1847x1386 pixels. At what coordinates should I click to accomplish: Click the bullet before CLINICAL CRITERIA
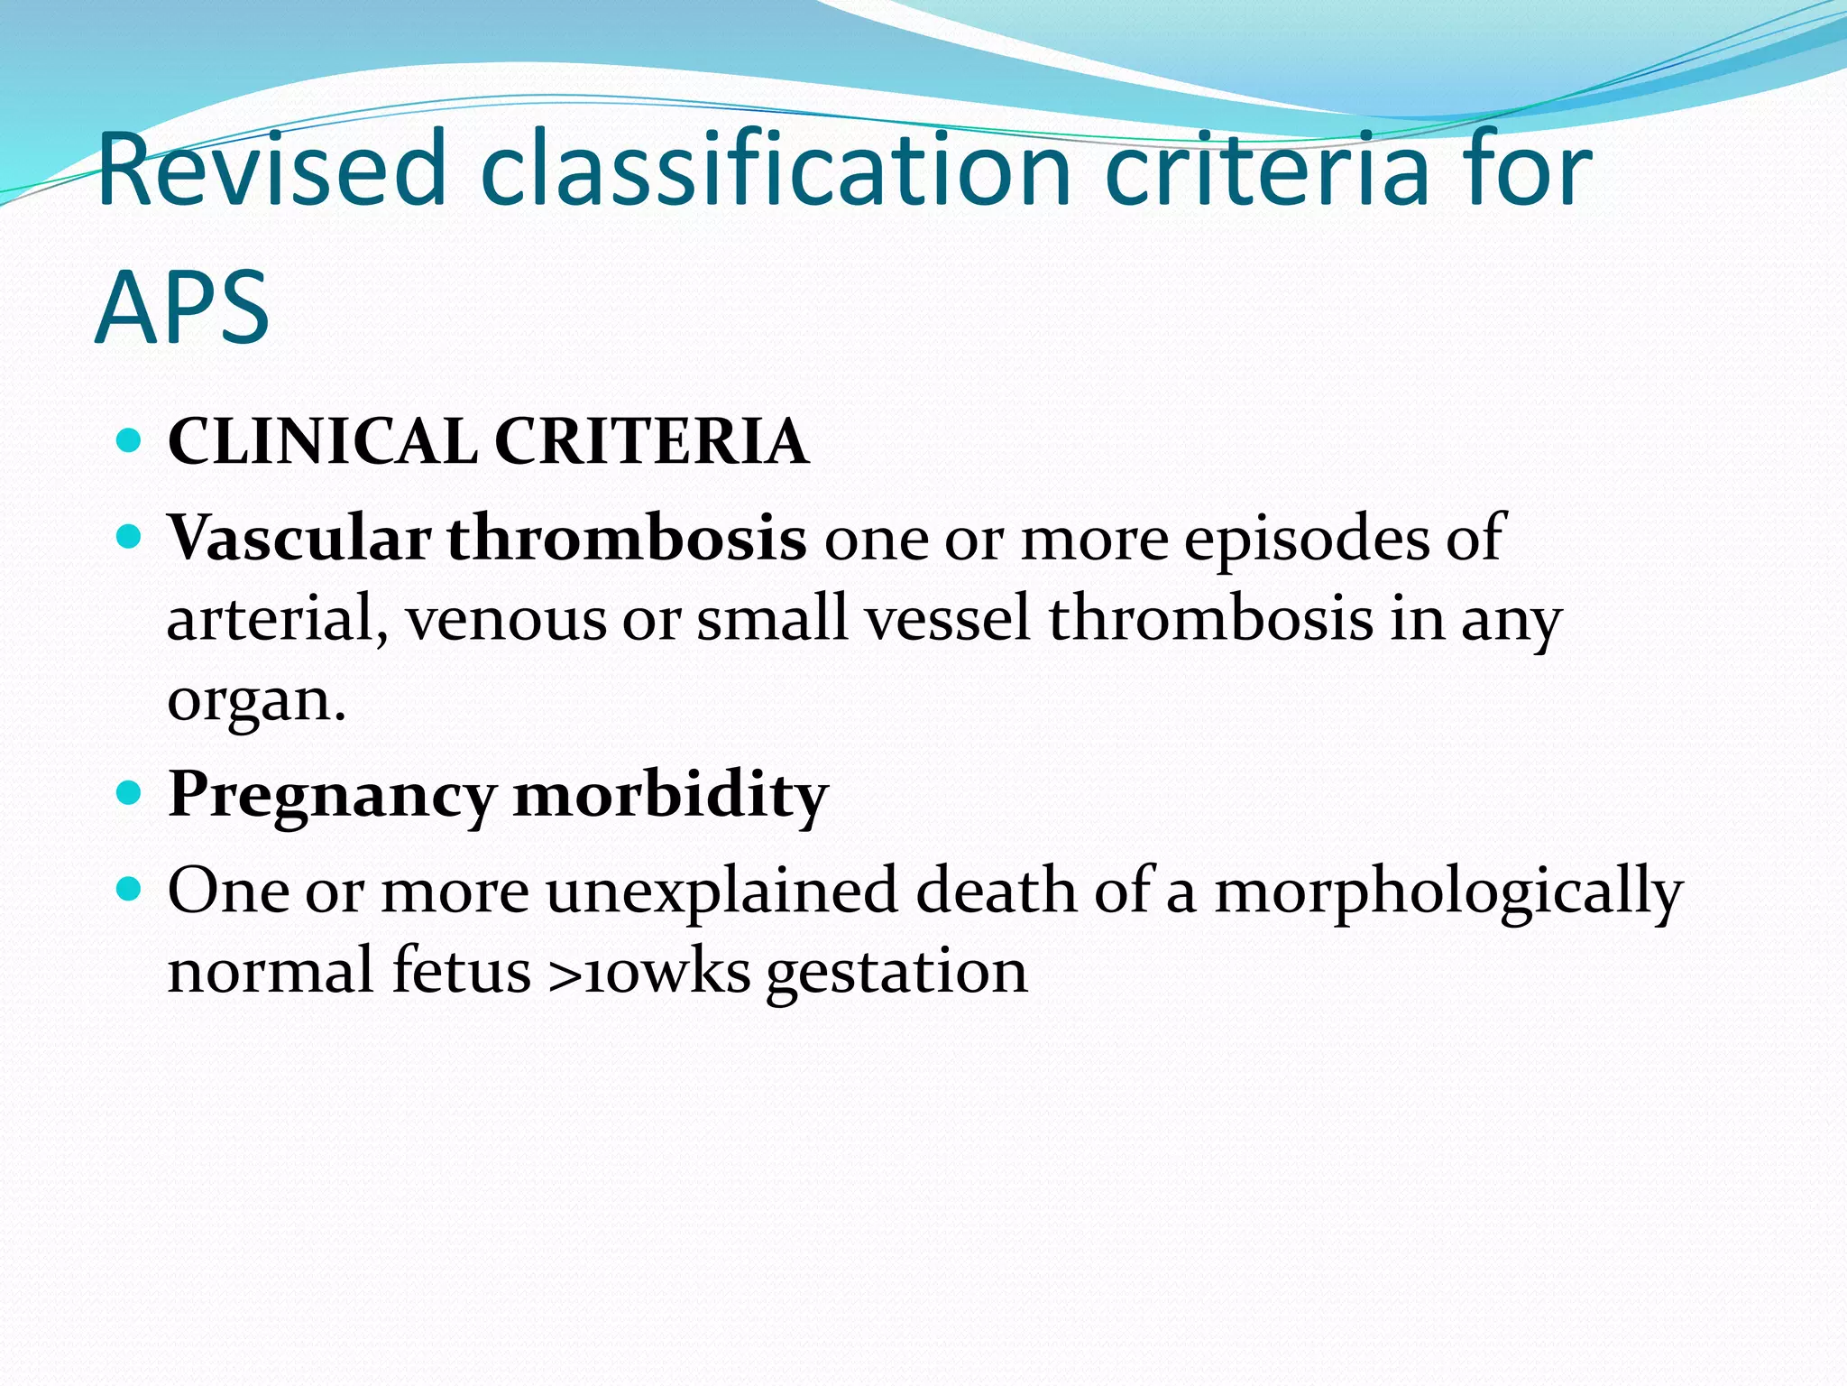tap(130, 441)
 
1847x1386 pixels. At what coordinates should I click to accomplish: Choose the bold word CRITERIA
tap(650, 442)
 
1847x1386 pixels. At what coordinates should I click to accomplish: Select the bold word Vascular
tap(299, 539)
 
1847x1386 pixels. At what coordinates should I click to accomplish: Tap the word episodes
tap(1306, 539)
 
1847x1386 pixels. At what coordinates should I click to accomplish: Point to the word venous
tap(506, 619)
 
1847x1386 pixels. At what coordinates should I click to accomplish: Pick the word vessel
tap(948, 619)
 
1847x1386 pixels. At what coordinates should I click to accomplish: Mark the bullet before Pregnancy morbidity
tap(130, 794)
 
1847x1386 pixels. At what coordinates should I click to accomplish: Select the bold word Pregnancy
tap(332, 796)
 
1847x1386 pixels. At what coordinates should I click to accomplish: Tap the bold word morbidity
tap(670, 796)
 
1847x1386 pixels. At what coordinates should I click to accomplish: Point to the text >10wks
tap(648, 972)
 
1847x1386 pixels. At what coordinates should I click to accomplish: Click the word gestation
tap(896, 972)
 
